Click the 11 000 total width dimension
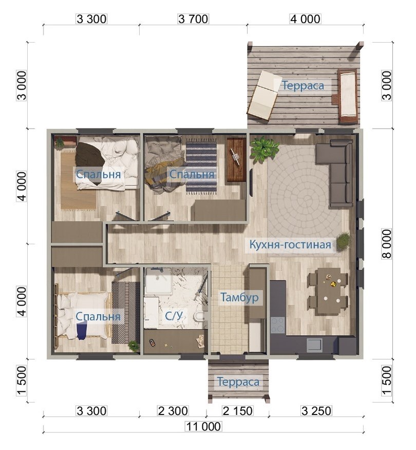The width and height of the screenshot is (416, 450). [x=203, y=426]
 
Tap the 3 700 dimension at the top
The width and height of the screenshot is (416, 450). [x=193, y=19]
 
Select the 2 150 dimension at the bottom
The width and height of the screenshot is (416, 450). [x=237, y=411]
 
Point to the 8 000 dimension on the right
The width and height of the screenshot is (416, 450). [x=387, y=244]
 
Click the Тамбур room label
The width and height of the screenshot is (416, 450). [x=239, y=297]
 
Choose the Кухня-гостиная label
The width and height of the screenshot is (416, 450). [x=290, y=244]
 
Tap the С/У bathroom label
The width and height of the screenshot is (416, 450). [x=174, y=316]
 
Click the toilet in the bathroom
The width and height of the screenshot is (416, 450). [x=200, y=317]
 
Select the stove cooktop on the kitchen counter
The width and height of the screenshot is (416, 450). [x=278, y=325]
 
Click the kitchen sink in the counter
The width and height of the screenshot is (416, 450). [x=314, y=345]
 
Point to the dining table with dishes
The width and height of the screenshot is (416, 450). [x=328, y=291]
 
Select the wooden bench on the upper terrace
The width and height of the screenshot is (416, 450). [x=348, y=96]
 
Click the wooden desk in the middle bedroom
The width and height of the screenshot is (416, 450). [x=236, y=159]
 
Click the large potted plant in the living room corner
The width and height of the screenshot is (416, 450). [x=264, y=148]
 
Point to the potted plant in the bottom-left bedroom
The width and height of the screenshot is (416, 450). [x=134, y=345]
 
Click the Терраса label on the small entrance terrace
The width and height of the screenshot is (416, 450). [x=238, y=382]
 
